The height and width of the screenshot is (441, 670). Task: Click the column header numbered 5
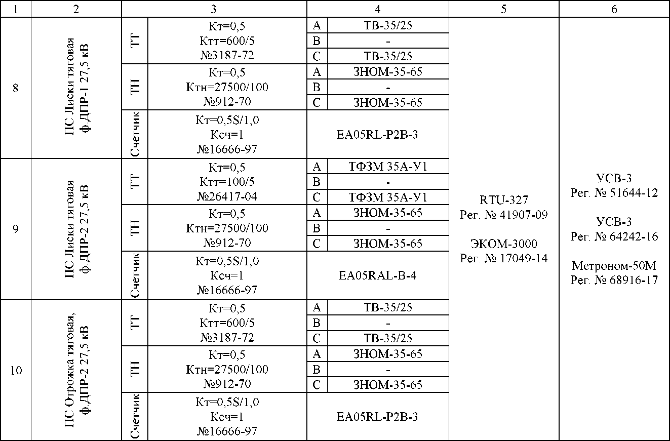503,9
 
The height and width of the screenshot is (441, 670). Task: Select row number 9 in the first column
16,229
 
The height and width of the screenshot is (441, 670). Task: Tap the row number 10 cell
16,370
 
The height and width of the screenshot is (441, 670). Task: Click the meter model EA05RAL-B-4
377,276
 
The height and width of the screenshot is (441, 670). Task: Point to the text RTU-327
503,201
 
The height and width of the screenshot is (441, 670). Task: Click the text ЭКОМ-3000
503,244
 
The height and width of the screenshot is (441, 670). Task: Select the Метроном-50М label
614,265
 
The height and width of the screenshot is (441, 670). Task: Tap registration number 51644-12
614,193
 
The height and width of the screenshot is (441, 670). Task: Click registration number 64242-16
614,236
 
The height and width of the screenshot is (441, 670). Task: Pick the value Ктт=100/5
227,182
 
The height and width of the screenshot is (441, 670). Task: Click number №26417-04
227,196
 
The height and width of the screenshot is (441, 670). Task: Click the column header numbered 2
76,9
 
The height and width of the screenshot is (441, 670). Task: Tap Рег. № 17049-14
503,258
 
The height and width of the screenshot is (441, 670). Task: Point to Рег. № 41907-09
503,215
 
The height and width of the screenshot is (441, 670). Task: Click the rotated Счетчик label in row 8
135,134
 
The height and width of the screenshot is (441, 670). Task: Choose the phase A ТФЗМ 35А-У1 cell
388,167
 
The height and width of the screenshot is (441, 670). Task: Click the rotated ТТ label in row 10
135,323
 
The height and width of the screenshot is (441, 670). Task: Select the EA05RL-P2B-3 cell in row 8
377,135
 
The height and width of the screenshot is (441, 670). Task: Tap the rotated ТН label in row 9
135,228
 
